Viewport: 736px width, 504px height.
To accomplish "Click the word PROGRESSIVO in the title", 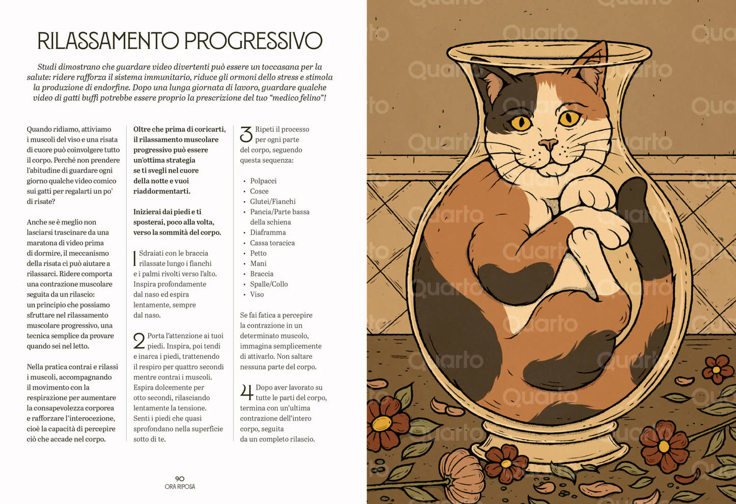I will [253, 41].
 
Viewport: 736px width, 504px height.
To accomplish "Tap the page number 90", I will [180, 479].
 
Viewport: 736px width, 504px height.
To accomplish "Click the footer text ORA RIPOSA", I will [180, 487].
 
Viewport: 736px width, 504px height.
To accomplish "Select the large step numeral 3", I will [246, 134].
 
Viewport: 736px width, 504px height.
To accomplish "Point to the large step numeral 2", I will [139, 341].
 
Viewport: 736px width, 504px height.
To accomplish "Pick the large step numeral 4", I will [247, 393].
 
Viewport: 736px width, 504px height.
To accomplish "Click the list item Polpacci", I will [263, 181].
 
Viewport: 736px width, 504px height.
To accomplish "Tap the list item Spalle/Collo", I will [268, 284].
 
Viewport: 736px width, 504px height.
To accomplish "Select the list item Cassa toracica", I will [272, 243].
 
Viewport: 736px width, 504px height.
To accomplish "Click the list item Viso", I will [257, 294].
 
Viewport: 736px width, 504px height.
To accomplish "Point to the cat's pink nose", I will [548, 144].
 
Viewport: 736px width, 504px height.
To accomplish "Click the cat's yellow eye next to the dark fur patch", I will [521, 122].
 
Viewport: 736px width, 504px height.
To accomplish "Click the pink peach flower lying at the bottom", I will [461, 473].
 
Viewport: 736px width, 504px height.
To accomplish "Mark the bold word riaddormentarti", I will [161, 191].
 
